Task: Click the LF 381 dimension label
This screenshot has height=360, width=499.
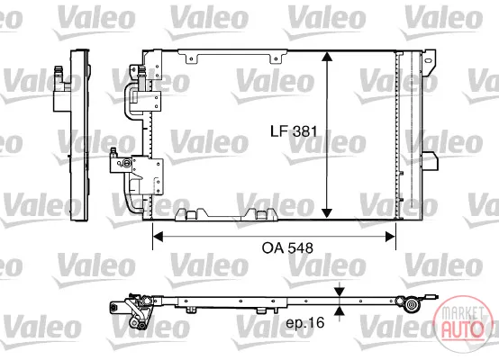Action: [294, 131]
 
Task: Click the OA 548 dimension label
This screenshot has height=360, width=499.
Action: [287, 248]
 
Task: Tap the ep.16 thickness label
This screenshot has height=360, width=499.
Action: [304, 323]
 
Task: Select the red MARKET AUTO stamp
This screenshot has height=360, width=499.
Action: [460, 324]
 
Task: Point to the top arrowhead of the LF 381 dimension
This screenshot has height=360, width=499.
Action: [327, 57]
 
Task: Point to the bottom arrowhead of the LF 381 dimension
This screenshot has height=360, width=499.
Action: [327, 213]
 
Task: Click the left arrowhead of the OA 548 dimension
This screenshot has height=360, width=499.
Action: [158, 237]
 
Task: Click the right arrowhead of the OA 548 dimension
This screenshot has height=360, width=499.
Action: [391, 237]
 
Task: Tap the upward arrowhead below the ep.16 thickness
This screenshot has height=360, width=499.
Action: [340, 310]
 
